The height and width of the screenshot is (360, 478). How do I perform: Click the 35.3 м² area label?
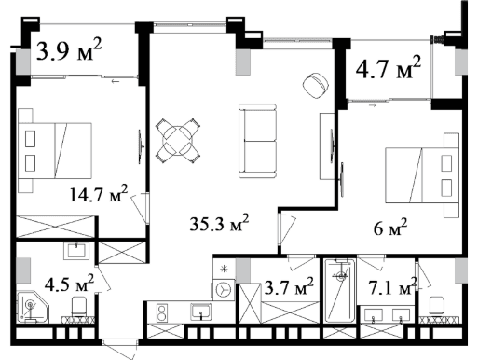pyautogui.click(x=219, y=223)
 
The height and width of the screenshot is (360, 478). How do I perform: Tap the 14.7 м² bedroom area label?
pyautogui.click(x=99, y=194)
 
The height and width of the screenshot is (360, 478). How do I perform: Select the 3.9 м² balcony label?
pyautogui.click(x=69, y=49)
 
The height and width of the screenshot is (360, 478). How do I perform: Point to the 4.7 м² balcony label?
pyautogui.click(x=389, y=67)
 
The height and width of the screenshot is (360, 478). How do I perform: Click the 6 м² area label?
pyautogui.click(x=390, y=228)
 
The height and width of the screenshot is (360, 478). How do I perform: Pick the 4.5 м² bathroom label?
pyautogui.click(x=69, y=284)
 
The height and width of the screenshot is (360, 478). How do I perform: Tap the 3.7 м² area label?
pyautogui.click(x=289, y=286)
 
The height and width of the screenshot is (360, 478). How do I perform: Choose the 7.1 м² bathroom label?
pyautogui.click(x=392, y=286)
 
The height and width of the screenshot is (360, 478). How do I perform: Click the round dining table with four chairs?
pyautogui.click(x=178, y=141)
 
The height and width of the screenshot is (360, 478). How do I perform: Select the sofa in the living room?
pyautogui.click(x=257, y=141)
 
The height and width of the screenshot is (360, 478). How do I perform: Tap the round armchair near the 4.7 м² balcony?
pyautogui.click(x=315, y=86)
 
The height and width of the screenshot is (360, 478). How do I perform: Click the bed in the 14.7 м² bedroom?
pyautogui.click(x=55, y=150)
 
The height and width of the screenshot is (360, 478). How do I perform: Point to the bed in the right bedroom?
pyautogui.click(x=422, y=175)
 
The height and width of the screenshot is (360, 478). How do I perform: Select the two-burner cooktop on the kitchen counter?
pyautogui.click(x=161, y=312)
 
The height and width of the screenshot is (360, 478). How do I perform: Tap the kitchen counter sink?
pyautogui.click(x=201, y=312)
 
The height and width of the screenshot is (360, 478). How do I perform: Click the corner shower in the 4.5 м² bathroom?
pyautogui.click(x=33, y=308)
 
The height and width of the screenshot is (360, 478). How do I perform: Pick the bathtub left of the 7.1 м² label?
pyautogui.click(x=340, y=290)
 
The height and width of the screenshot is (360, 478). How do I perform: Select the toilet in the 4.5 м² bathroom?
pyautogui.click(x=79, y=307)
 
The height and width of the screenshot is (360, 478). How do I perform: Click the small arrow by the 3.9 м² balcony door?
pyautogui.click(x=116, y=81)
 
